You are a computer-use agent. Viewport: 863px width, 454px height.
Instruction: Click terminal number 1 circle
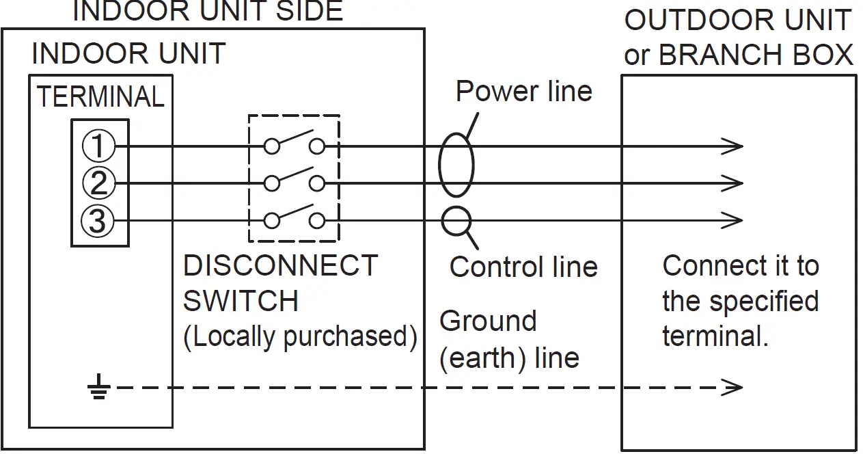(x=98, y=146)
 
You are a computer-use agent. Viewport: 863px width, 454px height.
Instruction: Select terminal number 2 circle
(x=99, y=183)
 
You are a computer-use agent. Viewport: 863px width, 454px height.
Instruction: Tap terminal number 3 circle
(x=98, y=221)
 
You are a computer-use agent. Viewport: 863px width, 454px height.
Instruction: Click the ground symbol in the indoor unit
(x=99, y=386)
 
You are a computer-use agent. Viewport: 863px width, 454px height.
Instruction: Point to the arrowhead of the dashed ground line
(x=732, y=387)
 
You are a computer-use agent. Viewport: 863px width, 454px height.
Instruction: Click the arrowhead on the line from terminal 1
(x=732, y=146)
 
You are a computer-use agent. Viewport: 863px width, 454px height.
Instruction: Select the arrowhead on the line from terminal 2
(x=732, y=183)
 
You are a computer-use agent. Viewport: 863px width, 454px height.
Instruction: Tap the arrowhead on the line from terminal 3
(x=732, y=220)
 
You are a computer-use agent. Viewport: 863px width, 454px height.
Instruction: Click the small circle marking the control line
(x=456, y=222)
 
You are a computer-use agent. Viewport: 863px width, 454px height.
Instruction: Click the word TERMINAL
(x=100, y=96)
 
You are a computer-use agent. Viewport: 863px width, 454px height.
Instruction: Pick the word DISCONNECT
(x=280, y=265)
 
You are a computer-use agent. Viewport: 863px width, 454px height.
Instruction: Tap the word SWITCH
(x=241, y=301)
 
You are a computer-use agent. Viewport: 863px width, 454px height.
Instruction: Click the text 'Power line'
(x=524, y=92)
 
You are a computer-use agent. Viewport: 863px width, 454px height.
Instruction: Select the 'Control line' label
(x=523, y=267)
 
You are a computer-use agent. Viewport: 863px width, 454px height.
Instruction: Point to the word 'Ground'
(x=488, y=321)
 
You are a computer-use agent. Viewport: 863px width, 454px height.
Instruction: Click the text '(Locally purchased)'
(x=301, y=337)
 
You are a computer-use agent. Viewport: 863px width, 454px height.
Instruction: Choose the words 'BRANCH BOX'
(x=756, y=54)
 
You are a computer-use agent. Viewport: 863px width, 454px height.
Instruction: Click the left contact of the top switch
(x=272, y=146)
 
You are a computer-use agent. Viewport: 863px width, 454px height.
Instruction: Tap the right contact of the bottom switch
(x=316, y=221)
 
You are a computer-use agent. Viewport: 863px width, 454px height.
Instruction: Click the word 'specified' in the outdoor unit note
(x=764, y=302)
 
